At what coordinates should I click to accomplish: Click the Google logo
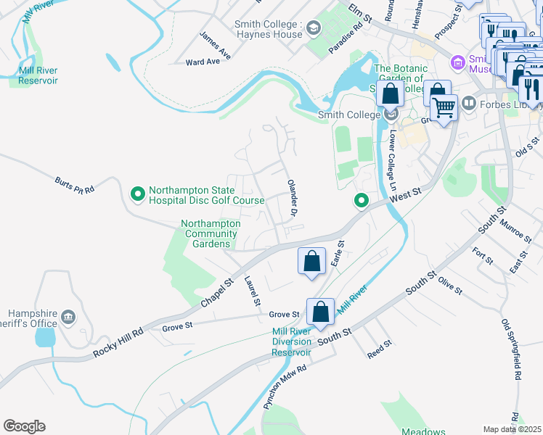[x=24, y=426]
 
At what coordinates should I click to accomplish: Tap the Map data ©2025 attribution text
[x=513, y=429]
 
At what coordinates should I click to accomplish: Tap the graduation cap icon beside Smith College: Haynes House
[x=314, y=29]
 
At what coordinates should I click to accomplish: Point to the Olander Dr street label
[x=292, y=198]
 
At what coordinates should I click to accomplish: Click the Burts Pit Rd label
[x=75, y=184]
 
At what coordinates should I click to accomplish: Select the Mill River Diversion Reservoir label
[x=291, y=342]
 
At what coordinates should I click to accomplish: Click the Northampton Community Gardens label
[x=211, y=233]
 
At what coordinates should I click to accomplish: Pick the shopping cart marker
[x=444, y=107]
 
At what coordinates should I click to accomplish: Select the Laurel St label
[x=252, y=291]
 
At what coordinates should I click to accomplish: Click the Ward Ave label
[x=203, y=62]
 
